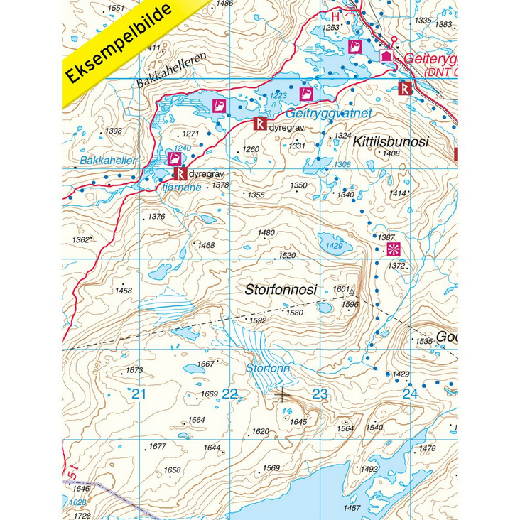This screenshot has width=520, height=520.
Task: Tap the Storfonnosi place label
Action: [x=280, y=290]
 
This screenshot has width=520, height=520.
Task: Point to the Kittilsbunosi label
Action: [x=390, y=142]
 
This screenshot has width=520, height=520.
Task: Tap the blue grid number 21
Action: [x=139, y=394]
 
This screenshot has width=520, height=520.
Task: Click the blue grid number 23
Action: [x=320, y=394]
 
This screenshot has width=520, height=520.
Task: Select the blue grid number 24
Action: [x=410, y=394]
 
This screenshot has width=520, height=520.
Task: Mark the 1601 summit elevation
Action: [x=341, y=289]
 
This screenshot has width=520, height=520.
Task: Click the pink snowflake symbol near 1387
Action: [x=392, y=249]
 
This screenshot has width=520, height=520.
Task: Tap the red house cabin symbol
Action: [x=386, y=55]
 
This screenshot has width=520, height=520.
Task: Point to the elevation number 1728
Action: [x=82, y=516]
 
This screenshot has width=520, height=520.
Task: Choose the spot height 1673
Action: [x=134, y=370]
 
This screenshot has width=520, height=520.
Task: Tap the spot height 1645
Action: [x=298, y=422]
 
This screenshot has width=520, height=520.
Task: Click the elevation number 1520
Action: [x=287, y=255]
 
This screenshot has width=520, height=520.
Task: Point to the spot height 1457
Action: [x=352, y=508]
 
